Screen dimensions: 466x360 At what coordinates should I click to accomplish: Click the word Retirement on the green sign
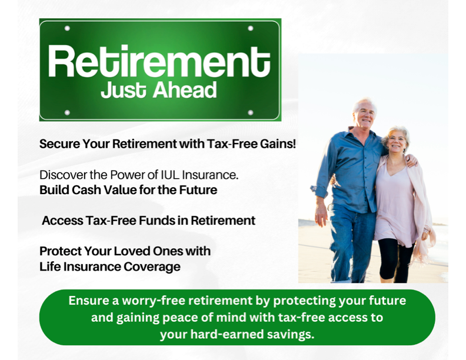(159, 61)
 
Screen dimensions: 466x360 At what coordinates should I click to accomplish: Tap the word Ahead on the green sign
(185, 90)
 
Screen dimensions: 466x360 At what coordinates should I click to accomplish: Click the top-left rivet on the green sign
(67, 28)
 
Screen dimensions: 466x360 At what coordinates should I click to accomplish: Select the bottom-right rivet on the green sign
(251, 112)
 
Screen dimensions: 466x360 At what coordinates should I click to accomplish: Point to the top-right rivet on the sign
(251, 28)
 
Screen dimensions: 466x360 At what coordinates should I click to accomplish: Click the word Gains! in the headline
(278, 144)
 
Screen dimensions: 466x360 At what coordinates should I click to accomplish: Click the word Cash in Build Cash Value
(85, 190)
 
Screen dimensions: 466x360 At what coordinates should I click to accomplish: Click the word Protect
(61, 251)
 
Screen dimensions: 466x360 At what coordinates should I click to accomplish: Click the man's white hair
(364, 104)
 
